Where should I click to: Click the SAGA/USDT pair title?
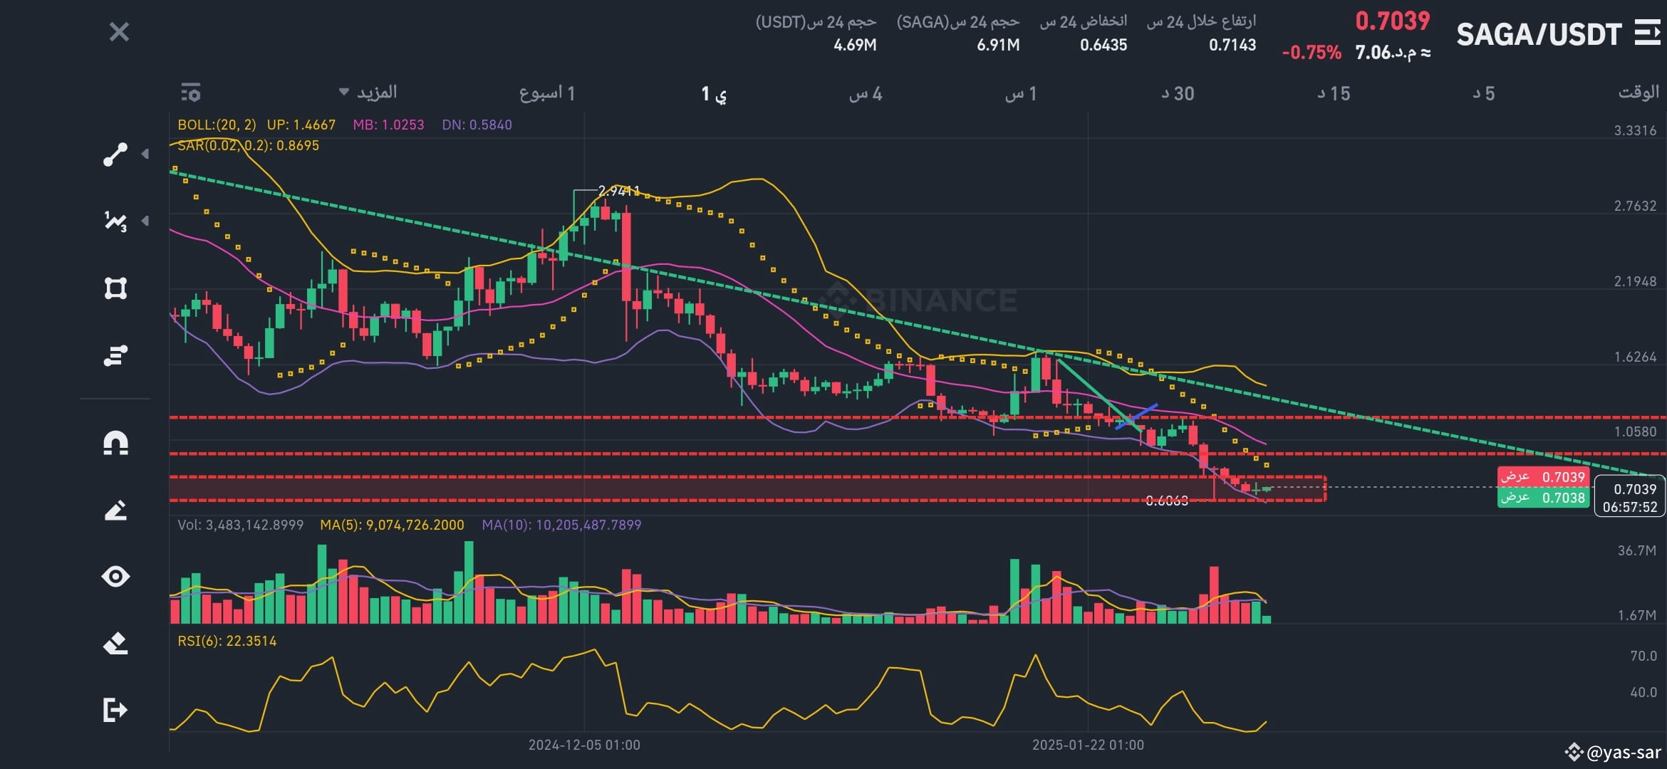[1539, 34]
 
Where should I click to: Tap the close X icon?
[119, 32]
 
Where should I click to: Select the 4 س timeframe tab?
[866, 93]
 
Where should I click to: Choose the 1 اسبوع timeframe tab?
[547, 93]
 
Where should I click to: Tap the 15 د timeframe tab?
[1334, 93]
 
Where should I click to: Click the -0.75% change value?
[1312, 53]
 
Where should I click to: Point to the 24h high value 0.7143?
[1232, 45]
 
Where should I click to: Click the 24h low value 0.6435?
[1103, 45]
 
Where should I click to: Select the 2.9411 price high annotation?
[618, 191]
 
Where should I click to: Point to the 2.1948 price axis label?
[1635, 281]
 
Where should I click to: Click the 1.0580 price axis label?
[1635, 431]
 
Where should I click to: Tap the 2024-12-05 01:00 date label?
[584, 745]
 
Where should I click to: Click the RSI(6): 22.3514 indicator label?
[227, 641]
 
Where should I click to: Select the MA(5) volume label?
[392, 525]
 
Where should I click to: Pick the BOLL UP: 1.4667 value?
[301, 125]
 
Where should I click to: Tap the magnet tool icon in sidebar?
[115, 443]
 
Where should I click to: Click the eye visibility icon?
[115, 576]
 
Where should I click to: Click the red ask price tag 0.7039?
[1543, 476]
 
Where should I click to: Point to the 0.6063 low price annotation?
[1167, 501]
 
